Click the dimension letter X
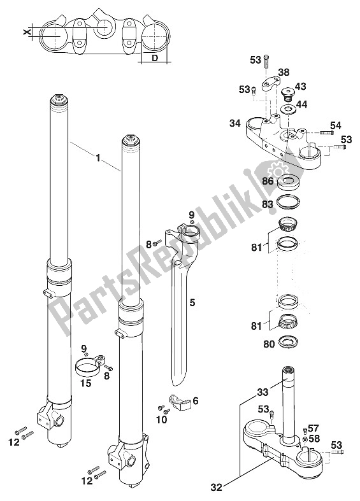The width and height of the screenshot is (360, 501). click(x=27, y=32)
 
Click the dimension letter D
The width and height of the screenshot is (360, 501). click(x=155, y=58)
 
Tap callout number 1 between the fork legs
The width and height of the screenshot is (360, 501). click(x=98, y=157)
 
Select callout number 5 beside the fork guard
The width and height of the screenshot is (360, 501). click(x=192, y=302)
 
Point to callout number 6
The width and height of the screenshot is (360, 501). click(x=196, y=400)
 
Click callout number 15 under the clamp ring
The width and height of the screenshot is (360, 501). click(x=86, y=383)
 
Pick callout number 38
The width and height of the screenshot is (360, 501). click(x=284, y=73)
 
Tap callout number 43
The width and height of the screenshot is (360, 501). click(x=300, y=87)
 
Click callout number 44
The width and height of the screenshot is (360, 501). click(x=301, y=104)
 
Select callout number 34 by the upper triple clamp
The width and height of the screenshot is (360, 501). click(x=235, y=123)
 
